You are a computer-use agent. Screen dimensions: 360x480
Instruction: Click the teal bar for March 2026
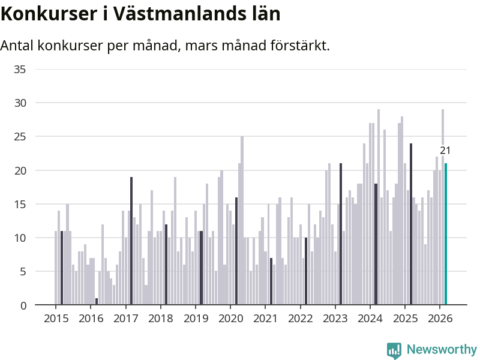tap(446, 234)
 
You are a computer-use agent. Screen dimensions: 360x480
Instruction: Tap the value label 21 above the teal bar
tap(445, 151)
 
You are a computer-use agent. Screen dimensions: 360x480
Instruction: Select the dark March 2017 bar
tap(131, 241)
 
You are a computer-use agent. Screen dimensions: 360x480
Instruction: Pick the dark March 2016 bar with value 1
tap(97, 302)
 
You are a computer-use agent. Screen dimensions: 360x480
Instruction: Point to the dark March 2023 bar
tap(341, 234)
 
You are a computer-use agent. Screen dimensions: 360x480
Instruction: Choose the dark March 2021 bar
tap(271, 281)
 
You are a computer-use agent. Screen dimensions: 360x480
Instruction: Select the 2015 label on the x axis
tap(56, 318)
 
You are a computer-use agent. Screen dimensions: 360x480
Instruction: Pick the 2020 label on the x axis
tap(230, 318)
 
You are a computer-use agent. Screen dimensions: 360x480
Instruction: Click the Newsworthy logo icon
tap(394, 350)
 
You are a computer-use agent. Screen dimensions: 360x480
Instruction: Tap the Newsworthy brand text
tap(442, 349)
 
